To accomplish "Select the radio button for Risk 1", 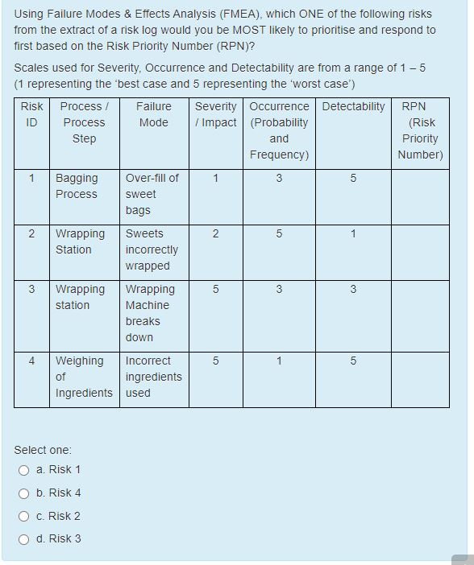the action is (x=25, y=470).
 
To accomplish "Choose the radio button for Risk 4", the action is (x=25, y=493).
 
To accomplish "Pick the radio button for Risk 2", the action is (x=25, y=517).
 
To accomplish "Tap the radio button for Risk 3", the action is (x=25, y=539).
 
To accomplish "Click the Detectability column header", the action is (x=353, y=106).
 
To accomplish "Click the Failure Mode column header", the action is (x=153, y=114).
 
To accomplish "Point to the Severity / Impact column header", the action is (x=215, y=114).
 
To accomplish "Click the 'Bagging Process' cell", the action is (x=77, y=186).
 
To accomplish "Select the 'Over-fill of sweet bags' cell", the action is (x=152, y=194).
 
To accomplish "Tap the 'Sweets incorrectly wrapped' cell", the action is (x=152, y=250).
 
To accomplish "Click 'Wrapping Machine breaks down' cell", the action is (x=148, y=313).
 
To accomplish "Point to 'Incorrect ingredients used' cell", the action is (x=153, y=377).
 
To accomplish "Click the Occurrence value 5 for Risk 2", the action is (x=279, y=233).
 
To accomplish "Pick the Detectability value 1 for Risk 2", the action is (x=353, y=233).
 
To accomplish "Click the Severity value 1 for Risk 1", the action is (x=215, y=178).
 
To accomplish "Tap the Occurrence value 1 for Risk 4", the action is (x=279, y=361).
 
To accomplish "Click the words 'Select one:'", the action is (x=43, y=450).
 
